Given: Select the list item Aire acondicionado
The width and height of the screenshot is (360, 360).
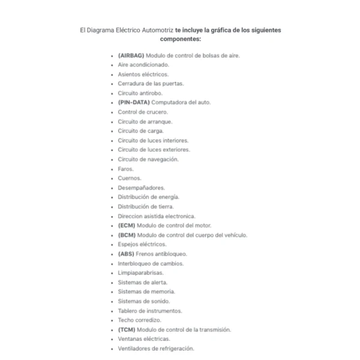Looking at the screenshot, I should (143, 65).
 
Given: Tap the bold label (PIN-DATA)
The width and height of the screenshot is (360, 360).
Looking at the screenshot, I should (134, 103).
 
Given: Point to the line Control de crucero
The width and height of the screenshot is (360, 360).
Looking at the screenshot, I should (143, 112).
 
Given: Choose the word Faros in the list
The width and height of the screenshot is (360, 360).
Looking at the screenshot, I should (125, 169).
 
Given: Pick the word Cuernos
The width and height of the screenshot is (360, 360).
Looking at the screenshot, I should (130, 178).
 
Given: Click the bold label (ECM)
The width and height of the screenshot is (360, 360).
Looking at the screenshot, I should (127, 226).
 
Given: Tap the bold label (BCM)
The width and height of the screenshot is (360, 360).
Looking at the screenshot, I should (127, 235).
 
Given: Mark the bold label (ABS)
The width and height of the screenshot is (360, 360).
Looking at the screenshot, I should (127, 254).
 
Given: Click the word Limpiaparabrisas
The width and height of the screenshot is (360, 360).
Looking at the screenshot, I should (140, 273).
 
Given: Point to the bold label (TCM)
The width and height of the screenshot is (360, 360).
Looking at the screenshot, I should (127, 329).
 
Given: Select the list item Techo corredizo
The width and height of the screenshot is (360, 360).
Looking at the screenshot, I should (139, 320).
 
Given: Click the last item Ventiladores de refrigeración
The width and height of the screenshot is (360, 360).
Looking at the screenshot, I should (156, 349).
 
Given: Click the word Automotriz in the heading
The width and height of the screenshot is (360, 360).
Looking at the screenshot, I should (155, 29).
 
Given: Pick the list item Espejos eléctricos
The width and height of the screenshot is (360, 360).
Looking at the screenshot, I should (142, 244).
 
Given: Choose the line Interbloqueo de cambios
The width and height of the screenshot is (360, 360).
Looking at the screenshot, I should (151, 263).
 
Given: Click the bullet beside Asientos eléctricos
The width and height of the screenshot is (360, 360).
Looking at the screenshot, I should (112, 74).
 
